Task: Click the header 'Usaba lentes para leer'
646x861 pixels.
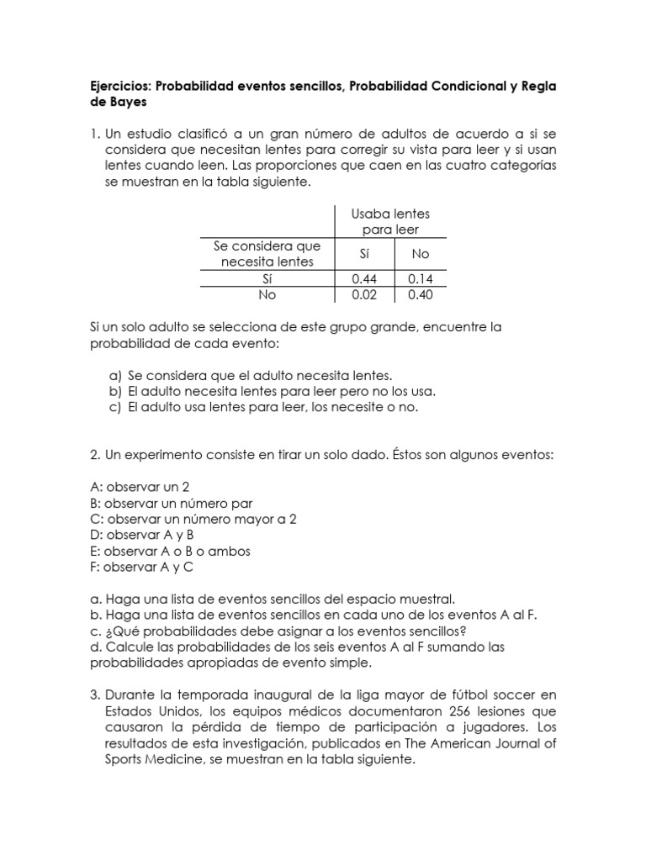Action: (390, 222)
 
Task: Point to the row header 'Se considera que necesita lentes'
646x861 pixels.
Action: (267, 253)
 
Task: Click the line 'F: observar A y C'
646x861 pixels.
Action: (141, 567)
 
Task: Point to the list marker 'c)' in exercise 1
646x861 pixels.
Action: (115, 407)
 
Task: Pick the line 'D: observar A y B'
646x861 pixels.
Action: (141, 535)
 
